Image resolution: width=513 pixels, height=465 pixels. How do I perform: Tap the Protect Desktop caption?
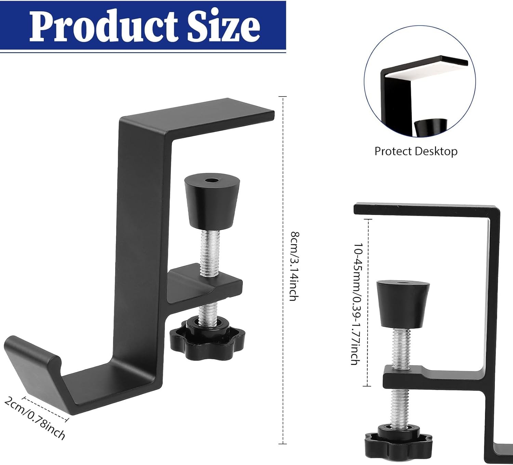tap(416, 151)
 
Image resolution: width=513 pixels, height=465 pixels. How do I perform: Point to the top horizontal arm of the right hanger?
tap(424, 209)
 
